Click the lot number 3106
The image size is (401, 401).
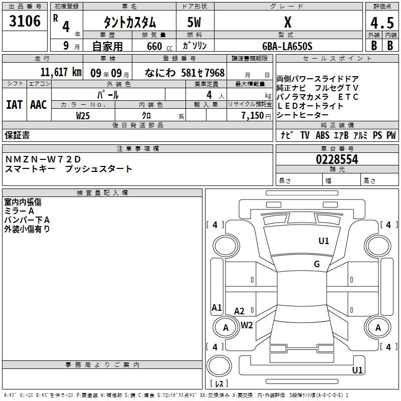coord(25,21)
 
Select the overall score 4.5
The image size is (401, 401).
coord(382,23)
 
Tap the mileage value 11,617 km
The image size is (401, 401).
coord(61,72)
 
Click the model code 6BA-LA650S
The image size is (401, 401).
coord(287,46)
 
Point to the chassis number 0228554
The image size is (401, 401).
coord(337,159)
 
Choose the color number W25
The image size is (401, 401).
coord(83,116)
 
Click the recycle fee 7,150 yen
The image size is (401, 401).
coord(256,116)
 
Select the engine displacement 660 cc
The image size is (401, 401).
coord(159,47)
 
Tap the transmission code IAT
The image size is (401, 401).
coord(15,105)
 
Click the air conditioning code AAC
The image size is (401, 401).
coord(39,105)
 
